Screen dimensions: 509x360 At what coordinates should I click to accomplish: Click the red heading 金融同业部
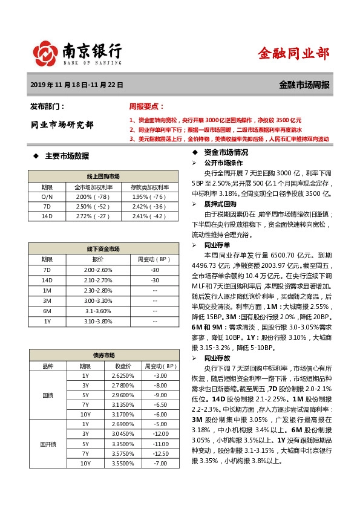pos(293,53)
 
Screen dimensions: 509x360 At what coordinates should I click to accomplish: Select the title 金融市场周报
pos(304,85)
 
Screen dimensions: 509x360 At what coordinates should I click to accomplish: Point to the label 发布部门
pos(47,106)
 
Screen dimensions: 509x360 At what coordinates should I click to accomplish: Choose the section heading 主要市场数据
pos(67,156)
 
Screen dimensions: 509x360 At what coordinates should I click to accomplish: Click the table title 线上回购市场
pos(103,176)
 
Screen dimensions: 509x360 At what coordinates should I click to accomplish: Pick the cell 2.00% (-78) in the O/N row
pos(92,196)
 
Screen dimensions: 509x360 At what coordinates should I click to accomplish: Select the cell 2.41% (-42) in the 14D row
pos(148,216)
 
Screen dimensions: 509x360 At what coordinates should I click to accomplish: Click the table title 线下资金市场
pos(103,249)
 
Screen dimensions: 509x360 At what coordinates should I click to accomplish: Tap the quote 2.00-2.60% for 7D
pos(98,270)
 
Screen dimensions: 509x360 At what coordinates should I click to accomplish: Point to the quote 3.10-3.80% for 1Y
pos(98,321)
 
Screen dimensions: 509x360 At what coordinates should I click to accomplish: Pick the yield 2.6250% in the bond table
pos(123,375)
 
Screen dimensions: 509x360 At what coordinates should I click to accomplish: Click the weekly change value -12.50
pos(160,453)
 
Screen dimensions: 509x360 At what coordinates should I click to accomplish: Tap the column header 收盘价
pos(123,366)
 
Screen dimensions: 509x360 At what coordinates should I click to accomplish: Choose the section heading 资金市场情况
pos(226,152)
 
